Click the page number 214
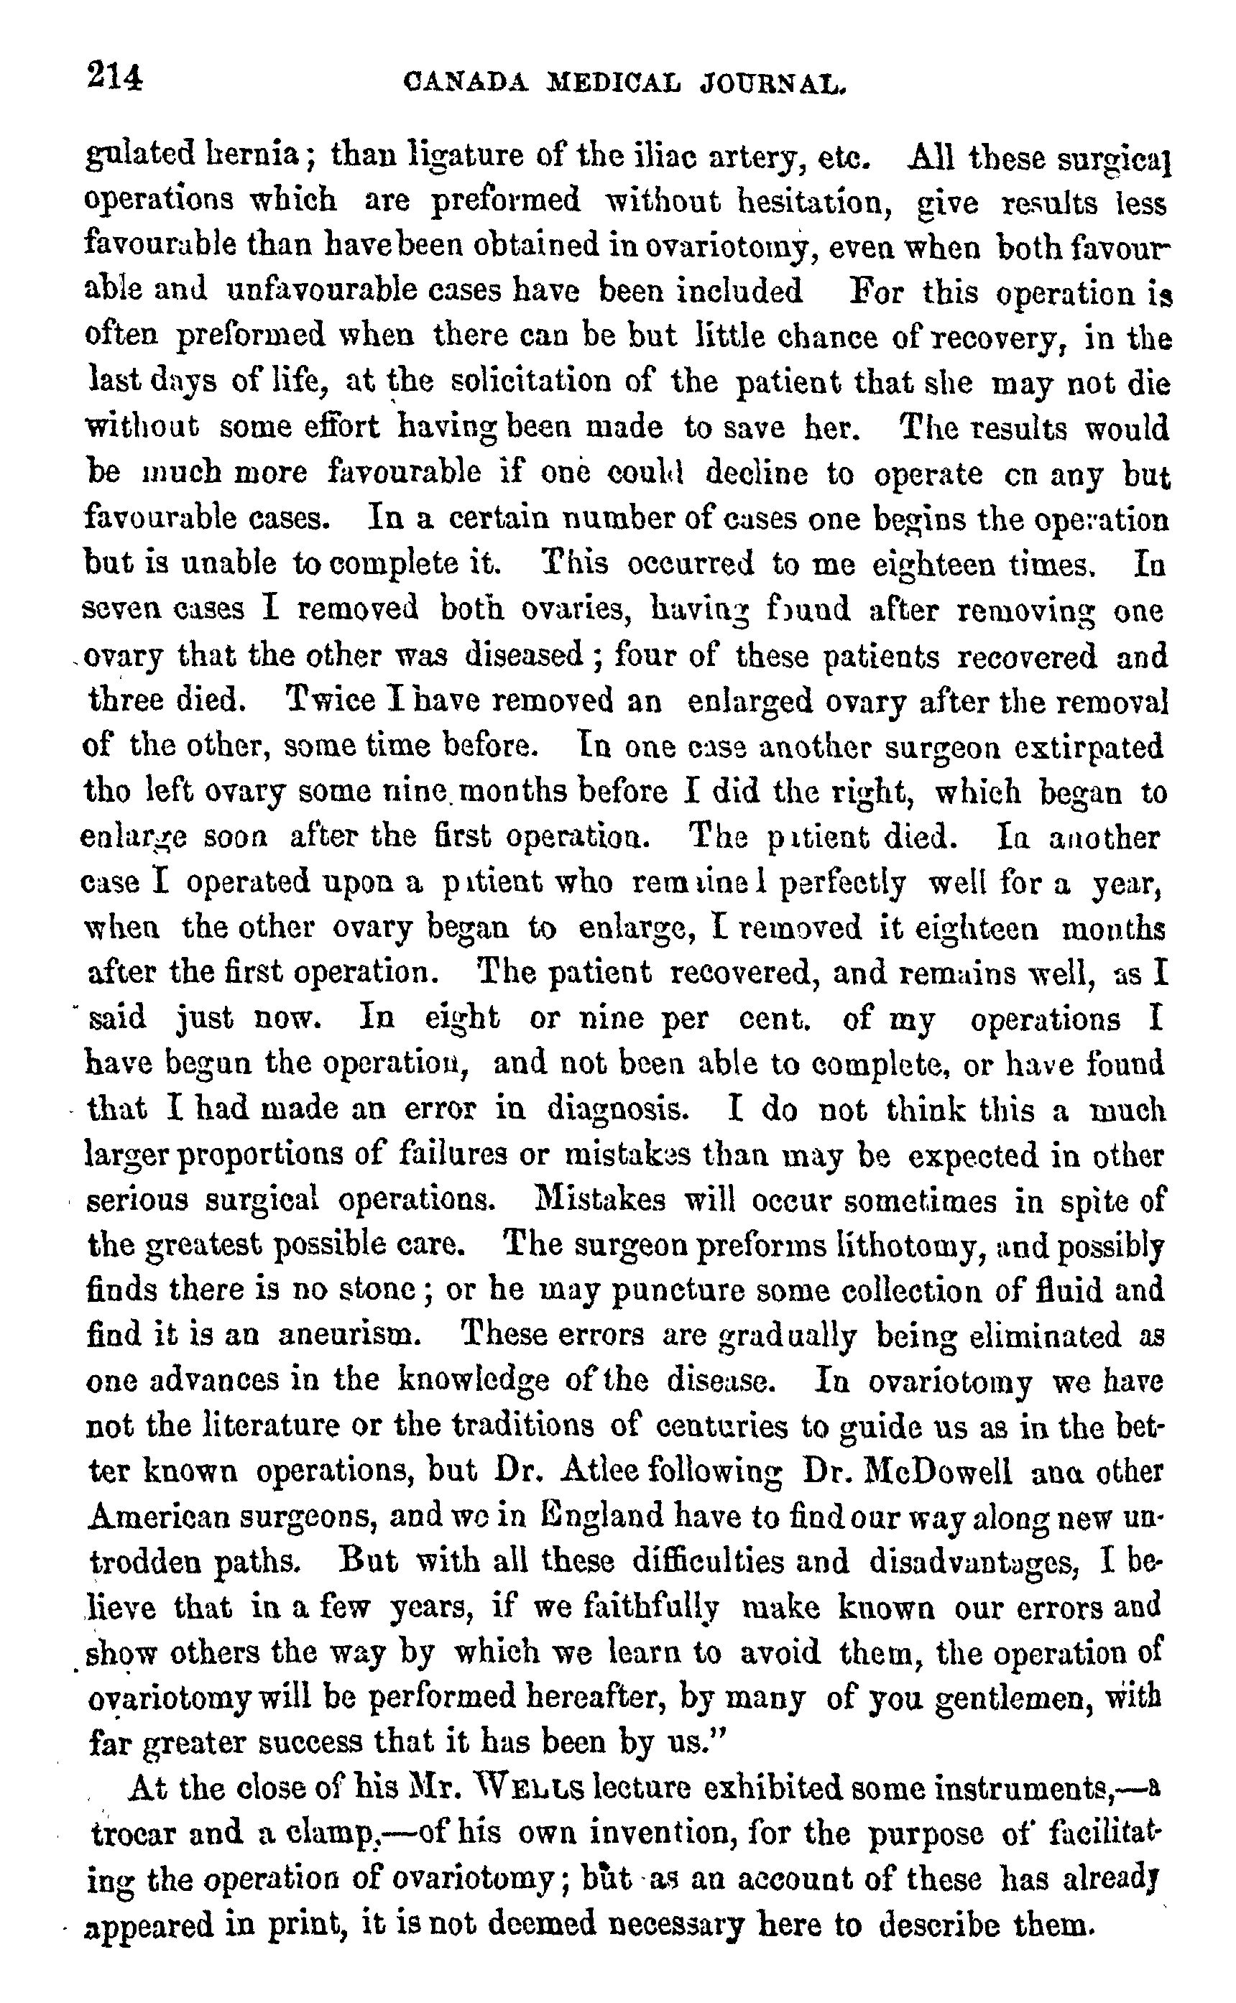pos(114,78)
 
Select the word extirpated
pos(1099,746)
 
